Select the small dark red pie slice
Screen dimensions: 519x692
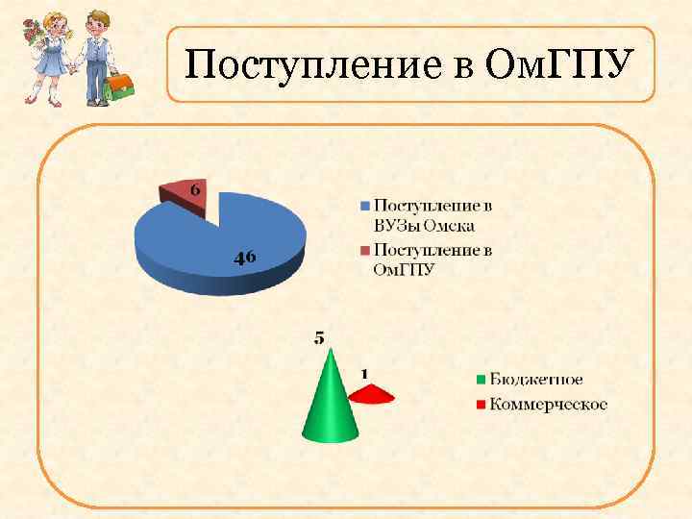point(183,192)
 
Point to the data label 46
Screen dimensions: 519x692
point(245,257)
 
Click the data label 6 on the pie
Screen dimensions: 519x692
point(195,189)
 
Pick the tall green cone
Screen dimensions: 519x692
point(330,404)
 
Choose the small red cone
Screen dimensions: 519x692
point(370,393)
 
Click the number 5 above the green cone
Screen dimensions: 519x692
point(319,337)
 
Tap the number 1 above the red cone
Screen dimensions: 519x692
point(365,372)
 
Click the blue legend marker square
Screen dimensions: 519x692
point(363,206)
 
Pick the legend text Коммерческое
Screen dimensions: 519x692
point(548,404)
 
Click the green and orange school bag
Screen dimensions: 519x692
point(119,86)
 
